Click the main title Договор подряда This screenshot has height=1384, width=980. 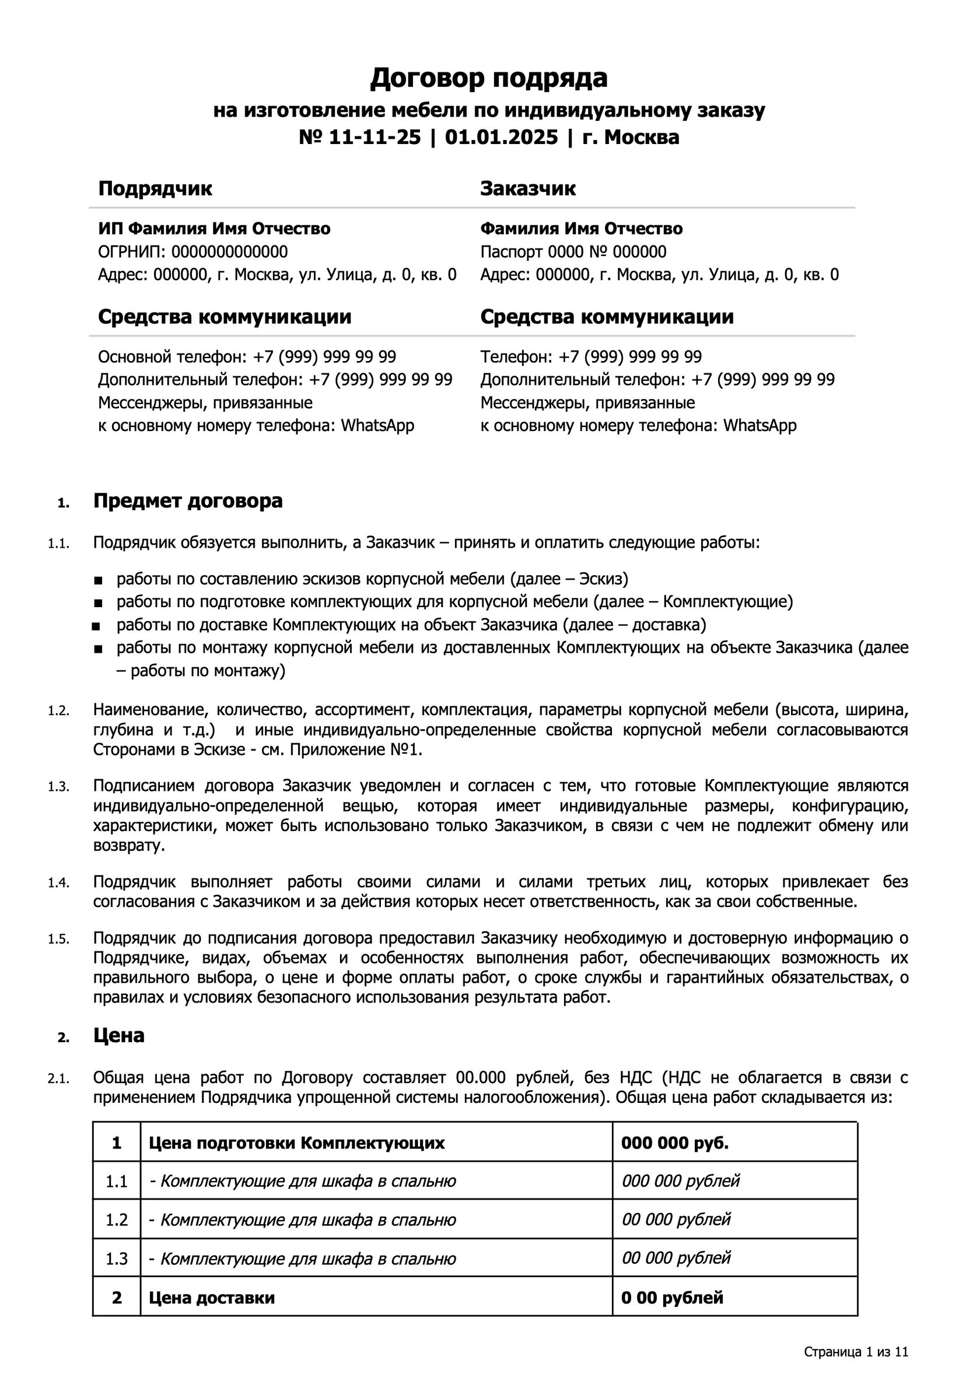pos(489,78)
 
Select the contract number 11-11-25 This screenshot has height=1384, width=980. pos(374,138)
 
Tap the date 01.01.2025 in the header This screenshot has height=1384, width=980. pos(501,138)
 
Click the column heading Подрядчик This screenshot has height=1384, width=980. pos(155,189)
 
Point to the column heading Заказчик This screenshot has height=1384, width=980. pos(527,189)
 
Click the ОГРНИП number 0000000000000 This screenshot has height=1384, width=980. pos(229,251)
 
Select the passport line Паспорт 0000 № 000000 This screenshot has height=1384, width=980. pos(573,251)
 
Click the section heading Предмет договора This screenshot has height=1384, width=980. pos(188,502)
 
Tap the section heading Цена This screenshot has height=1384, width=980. pos(119,1036)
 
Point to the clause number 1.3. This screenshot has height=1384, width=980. pos(58,787)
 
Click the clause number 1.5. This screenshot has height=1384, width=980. pos(58,940)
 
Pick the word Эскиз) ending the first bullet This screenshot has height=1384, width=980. pos(603,579)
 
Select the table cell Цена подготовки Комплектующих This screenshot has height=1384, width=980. pos(296,1143)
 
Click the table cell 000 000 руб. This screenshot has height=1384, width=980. pos(675,1143)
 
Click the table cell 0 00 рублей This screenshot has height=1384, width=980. pos(671,1298)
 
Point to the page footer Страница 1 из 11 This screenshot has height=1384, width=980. pos(855,1352)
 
